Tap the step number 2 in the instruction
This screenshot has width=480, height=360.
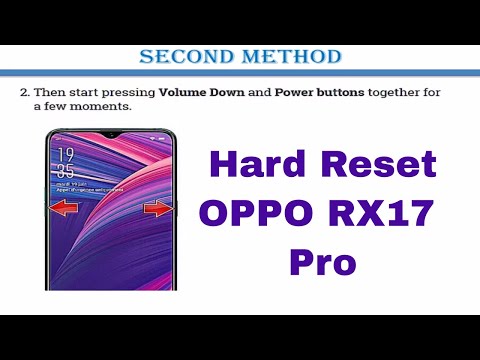pos(24,92)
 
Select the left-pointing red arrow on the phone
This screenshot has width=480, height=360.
pos(63,208)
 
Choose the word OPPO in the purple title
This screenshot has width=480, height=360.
pos(257,214)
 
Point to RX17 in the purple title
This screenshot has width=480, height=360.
pos(385,214)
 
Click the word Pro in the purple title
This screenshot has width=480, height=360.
pos(322,263)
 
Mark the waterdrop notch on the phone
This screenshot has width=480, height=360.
pos(112,134)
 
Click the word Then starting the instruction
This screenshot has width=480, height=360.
pos(48,92)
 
